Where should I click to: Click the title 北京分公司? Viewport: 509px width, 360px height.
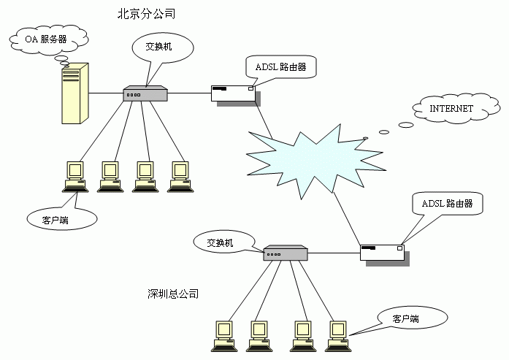(146, 14)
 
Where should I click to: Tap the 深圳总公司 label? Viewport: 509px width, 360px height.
(173, 294)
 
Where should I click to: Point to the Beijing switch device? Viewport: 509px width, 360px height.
(146, 93)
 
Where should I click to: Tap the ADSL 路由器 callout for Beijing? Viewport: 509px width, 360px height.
(280, 67)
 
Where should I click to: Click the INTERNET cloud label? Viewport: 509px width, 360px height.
(451, 109)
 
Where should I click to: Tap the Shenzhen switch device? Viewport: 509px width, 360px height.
(285, 253)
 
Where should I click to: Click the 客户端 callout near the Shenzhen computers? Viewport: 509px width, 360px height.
(405, 319)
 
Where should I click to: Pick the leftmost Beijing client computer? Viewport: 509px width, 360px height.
(74, 175)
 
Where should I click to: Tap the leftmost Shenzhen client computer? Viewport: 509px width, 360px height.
(222, 334)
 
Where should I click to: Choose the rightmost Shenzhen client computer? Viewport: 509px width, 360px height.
(336, 334)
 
